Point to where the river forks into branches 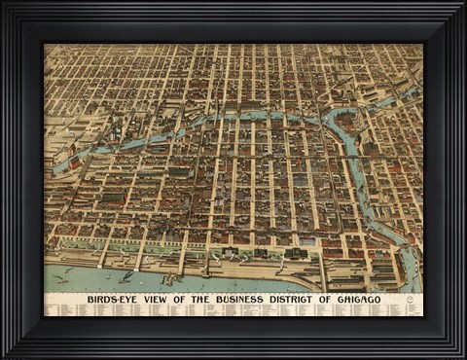(x=331, y=122)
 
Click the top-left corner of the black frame (x=3, y=3)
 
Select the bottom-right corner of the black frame (x=464, y=356)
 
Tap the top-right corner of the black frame (x=464, y=3)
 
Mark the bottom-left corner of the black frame (x=3, y=356)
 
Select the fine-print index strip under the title (x=233, y=310)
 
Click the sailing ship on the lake (x=64, y=278)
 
